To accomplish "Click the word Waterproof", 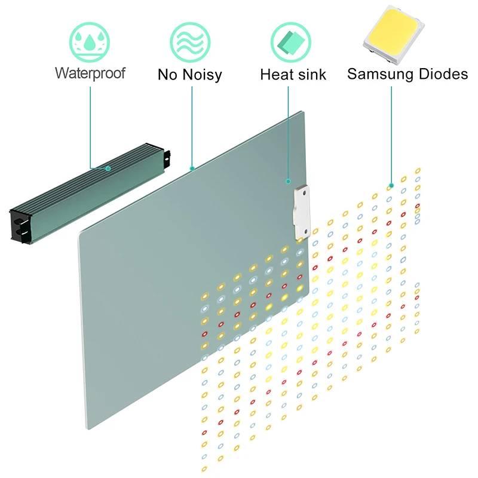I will coord(90,73).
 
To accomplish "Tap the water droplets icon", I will coord(90,40).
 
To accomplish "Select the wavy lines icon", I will coord(190,40).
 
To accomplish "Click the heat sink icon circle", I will coord(290,40).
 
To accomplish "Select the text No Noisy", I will coord(190,75).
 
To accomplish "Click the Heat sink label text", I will coord(293,75).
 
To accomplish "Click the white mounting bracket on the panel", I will coord(302,212).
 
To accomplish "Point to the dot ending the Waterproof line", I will coord(108,168).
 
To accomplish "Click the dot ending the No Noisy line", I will coord(191,168).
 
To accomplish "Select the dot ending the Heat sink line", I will coord(288,180).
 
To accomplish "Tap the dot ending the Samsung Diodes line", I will coord(391,185).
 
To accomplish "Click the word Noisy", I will coord(203,75).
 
